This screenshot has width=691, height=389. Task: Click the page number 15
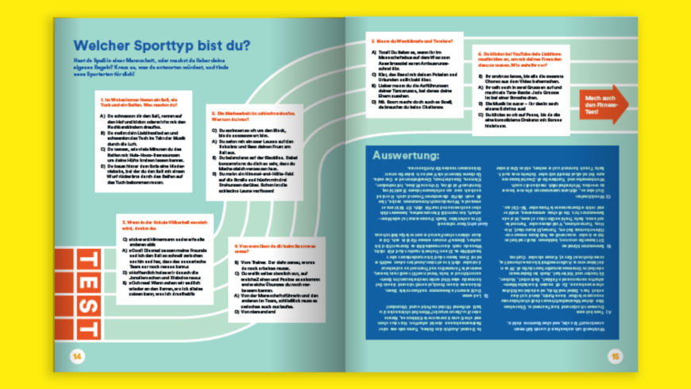tap(614, 356)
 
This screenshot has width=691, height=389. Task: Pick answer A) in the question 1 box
tap(146, 120)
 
